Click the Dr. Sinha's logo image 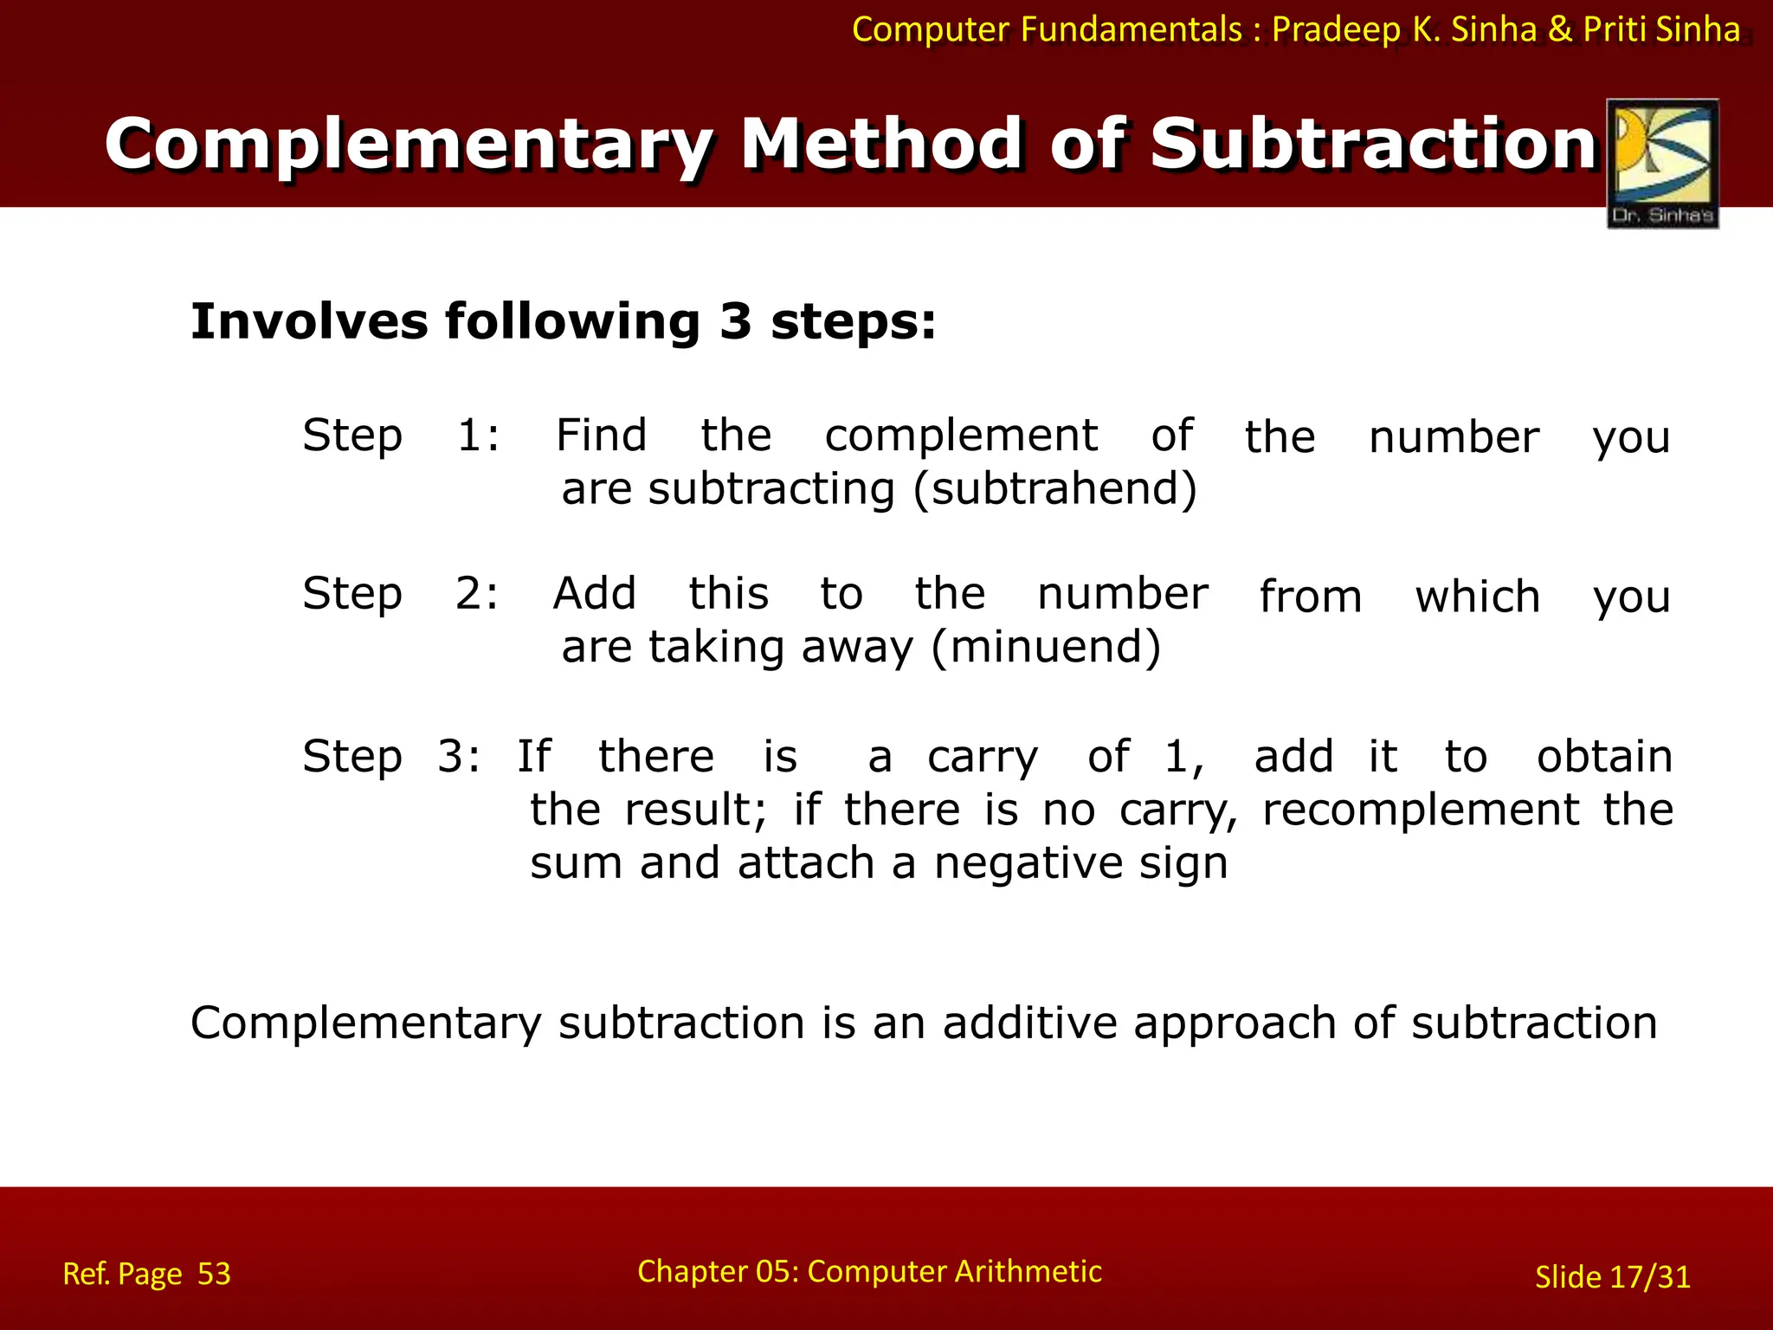click(1662, 164)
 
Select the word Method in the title click(881, 144)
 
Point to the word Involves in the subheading click(308, 321)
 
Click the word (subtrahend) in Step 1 click(1055, 488)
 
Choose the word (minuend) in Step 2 click(1046, 647)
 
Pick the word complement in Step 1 click(961, 436)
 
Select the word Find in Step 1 click(601, 435)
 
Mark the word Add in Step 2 click(595, 594)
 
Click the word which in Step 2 click(1477, 597)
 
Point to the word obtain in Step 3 click(1603, 757)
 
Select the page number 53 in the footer click(214, 1274)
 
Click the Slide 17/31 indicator click(1612, 1277)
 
